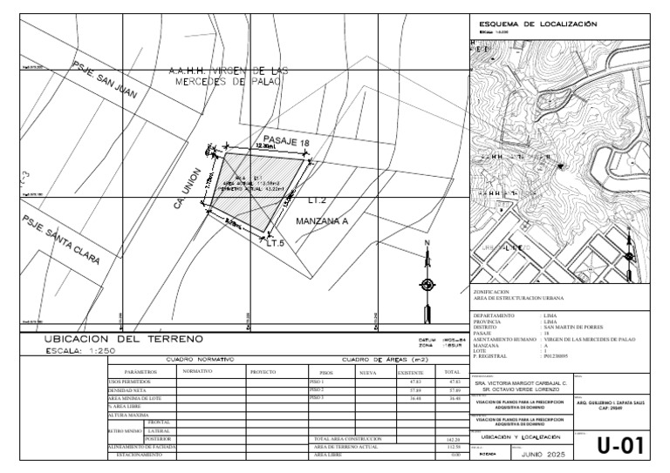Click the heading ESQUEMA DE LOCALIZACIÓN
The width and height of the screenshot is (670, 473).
pyautogui.click(x=533, y=24)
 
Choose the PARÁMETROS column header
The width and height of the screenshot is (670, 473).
pyautogui.click(x=139, y=372)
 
